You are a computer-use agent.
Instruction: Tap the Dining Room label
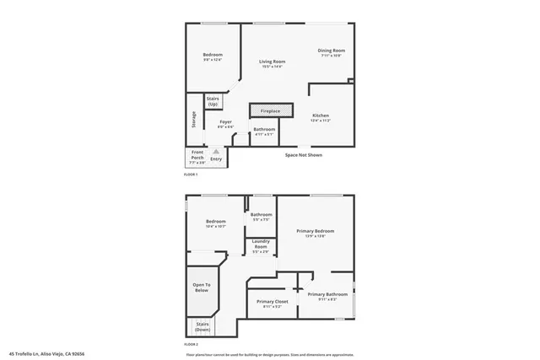pos(331,51)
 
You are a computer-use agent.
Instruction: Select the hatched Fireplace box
pos(270,110)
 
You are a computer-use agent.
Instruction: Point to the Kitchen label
pos(320,116)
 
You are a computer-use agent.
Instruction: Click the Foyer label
pos(225,123)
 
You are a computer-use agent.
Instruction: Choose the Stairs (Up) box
pos(213,101)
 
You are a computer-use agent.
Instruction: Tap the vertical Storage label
pos(194,120)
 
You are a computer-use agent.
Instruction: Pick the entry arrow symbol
pos(216,151)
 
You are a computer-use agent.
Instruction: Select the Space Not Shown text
pos(303,154)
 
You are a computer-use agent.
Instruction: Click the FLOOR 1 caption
pos(191,175)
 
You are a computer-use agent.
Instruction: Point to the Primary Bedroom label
pos(315,232)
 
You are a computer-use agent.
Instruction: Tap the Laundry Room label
pos(261,246)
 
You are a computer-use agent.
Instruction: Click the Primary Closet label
pos(272,303)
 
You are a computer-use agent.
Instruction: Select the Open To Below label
pos(202,287)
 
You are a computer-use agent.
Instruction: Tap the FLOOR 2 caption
pos(191,344)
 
